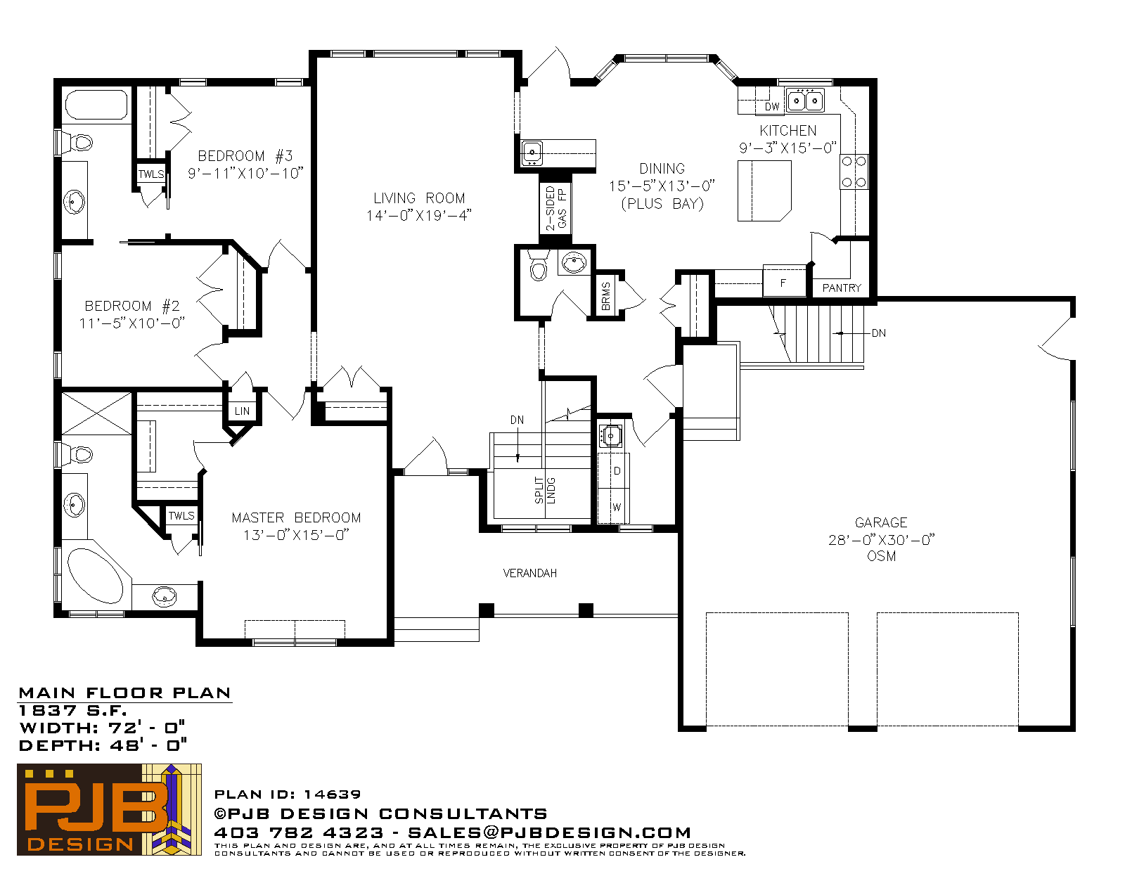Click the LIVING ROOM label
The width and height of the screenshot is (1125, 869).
pos(419,198)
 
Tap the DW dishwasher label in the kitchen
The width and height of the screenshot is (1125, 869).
pos(772,107)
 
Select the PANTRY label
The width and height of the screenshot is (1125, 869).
pos(842,288)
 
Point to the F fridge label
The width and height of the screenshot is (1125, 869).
pos(783,283)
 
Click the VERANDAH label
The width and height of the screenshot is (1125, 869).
pos(529,573)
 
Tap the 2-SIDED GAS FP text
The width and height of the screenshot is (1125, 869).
pos(556,208)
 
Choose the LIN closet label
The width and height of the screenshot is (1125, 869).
pos(242,411)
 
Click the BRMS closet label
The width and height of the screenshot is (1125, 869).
pos(605,296)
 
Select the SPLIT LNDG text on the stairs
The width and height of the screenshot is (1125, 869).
pos(545,490)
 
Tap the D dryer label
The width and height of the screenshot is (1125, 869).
pos(617,471)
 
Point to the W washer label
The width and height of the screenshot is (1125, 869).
pos(617,507)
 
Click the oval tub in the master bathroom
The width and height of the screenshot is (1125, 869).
pos(95,576)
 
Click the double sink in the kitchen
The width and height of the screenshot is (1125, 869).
pos(805,101)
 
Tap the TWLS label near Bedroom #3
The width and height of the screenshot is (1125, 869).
pos(151,174)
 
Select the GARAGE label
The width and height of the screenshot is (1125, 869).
pos(881,522)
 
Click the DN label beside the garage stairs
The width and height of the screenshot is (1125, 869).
pos(879,333)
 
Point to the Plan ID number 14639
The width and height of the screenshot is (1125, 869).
pos(332,794)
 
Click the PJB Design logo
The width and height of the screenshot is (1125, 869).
pos(109,809)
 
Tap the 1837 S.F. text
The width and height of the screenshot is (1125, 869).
pos(72,710)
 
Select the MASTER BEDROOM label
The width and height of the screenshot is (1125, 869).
pos(296,517)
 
